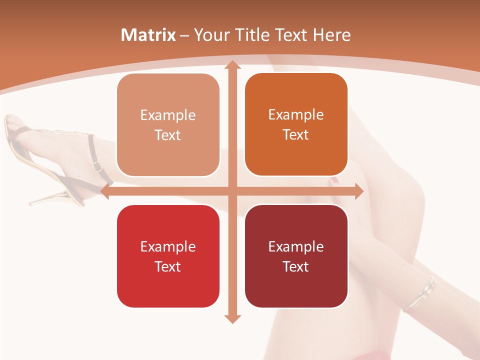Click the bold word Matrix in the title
tap(148, 35)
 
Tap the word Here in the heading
tap(331, 35)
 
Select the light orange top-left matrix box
tap(168, 125)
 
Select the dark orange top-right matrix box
tap(296, 124)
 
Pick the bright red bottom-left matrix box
tap(168, 256)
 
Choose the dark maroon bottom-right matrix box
tap(296, 256)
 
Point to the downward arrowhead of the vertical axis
tap(232, 318)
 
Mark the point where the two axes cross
tap(232, 191)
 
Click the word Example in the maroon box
tap(296, 246)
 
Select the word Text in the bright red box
tap(168, 266)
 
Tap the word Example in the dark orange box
tap(296, 114)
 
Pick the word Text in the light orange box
tap(168, 135)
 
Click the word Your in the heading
tap(211, 35)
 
